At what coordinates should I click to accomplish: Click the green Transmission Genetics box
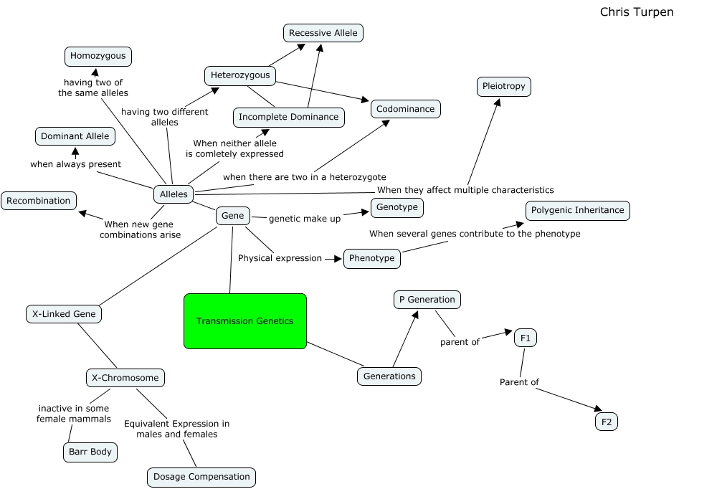click(245, 321)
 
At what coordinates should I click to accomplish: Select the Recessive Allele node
click(323, 33)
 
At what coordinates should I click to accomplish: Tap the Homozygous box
click(98, 56)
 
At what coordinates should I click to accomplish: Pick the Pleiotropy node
click(504, 87)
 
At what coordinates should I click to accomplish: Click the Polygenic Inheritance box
click(577, 210)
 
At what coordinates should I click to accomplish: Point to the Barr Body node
click(90, 452)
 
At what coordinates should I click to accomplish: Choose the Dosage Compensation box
click(201, 477)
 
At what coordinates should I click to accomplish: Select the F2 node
click(607, 422)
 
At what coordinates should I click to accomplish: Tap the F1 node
click(526, 338)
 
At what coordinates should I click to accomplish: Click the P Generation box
click(427, 300)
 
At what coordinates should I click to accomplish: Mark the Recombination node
click(39, 201)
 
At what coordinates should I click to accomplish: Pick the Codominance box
click(406, 109)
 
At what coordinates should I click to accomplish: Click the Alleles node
click(174, 194)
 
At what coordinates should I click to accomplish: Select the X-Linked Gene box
click(64, 314)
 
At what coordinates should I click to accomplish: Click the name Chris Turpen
click(637, 12)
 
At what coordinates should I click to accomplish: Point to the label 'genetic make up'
click(305, 219)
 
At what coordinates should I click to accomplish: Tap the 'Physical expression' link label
click(280, 258)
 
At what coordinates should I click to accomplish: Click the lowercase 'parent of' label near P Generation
click(460, 342)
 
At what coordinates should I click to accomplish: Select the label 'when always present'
click(75, 164)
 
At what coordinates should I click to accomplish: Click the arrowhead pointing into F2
click(598, 408)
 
